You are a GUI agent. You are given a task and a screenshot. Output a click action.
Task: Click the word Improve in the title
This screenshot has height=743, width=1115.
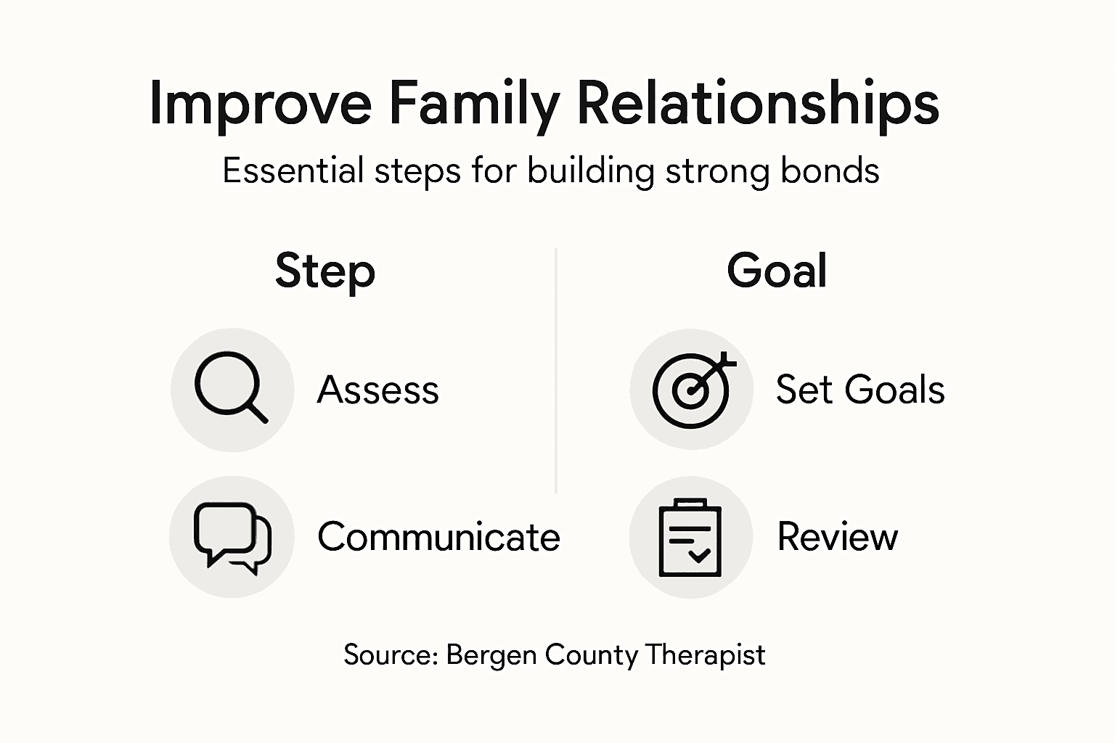tap(260, 104)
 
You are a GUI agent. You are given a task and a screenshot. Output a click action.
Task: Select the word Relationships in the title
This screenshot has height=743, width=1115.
tap(757, 104)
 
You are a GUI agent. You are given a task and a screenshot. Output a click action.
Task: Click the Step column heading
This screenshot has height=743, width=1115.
tap(325, 271)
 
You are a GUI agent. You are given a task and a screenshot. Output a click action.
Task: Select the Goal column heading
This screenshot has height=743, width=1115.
tap(777, 271)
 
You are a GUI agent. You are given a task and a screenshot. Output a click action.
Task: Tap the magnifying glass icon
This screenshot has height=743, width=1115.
tap(232, 389)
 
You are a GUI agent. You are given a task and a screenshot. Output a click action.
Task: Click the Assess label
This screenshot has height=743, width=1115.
tap(378, 390)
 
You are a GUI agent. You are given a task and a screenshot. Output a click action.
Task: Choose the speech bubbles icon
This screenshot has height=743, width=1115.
tap(232, 538)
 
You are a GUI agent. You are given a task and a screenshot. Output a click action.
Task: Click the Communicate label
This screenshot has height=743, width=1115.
tap(438, 537)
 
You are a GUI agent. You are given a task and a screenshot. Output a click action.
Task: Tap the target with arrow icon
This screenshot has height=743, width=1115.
tap(692, 390)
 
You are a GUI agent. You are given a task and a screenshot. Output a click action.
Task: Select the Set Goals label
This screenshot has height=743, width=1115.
tap(860, 390)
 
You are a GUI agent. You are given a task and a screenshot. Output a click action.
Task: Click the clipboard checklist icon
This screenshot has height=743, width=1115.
tap(690, 538)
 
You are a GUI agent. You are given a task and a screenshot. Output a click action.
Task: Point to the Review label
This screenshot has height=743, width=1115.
tap(838, 537)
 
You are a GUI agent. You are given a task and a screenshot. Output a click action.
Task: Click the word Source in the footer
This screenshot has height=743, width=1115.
tap(390, 654)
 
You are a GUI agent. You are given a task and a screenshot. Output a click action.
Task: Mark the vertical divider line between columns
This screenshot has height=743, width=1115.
tap(556, 370)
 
